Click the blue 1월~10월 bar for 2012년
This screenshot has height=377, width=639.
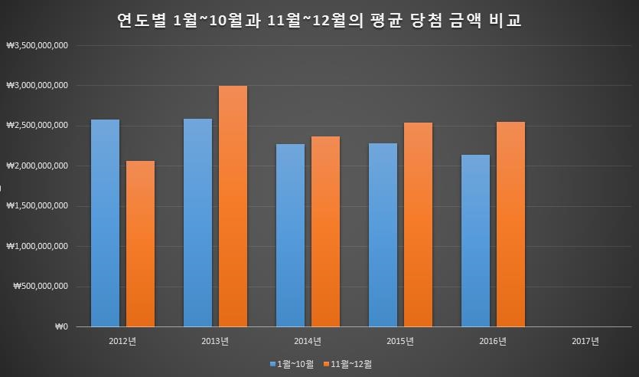[x=105, y=223]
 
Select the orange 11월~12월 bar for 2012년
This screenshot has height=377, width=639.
[x=140, y=244]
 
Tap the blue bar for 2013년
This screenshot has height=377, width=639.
[x=197, y=223]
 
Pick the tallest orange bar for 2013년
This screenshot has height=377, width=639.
[x=233, y=206]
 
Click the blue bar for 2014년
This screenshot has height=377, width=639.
[x=290, y=235]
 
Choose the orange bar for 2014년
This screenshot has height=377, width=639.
[x=325, y=231]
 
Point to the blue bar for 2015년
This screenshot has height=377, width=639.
[x=383, y=234]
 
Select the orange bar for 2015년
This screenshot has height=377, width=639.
[x=418, y=225]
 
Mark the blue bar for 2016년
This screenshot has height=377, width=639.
[x=475, y=241]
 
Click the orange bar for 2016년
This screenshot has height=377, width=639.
[x=510, y=224]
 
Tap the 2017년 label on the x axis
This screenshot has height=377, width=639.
[x=585, y=342]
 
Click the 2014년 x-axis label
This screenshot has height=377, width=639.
[x=307, y=342]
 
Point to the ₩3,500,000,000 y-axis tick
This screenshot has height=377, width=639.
[x=37, y=45]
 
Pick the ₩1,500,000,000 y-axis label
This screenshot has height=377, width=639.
[x=37, y=206]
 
